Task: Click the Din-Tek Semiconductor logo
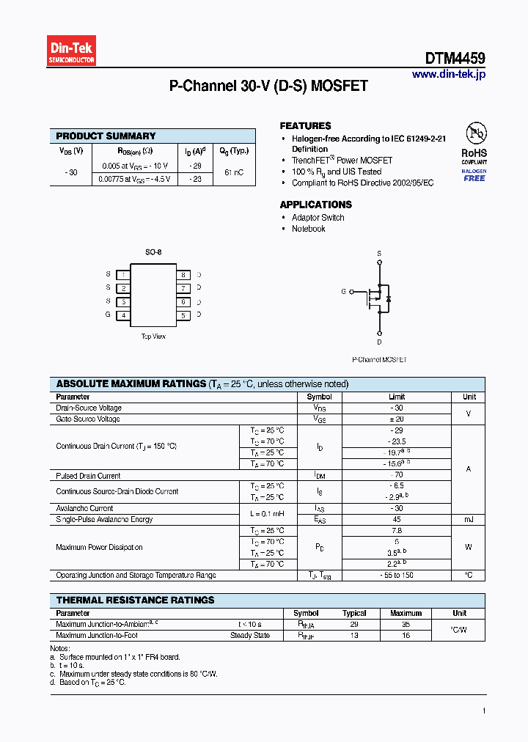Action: [x=72, y=51]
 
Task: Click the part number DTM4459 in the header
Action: [x=455, y=59]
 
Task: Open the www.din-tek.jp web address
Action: [x=448, y=74]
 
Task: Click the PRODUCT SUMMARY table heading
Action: [x=106, y=136]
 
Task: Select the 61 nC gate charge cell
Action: [x=234, y=172]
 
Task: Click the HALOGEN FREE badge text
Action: [x=474, y=175]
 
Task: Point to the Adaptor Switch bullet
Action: [x=318, y=218]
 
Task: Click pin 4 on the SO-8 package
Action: [x=124, y=315]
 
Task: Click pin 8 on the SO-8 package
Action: [x=183, y=274]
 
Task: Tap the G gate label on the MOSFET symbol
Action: [x=343, y=292]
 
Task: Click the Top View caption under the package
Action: [x=153, y=337]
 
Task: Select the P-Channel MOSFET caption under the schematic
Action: [x=379, y=360]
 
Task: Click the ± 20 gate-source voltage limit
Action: [x=397, y=419]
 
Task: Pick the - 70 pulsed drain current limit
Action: [x=397, y=476]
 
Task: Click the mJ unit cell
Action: [x=469, y=520]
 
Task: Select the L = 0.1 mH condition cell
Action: [x=267, y=514]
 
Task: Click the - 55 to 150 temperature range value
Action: [x=397, y=576]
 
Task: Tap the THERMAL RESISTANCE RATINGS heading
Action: [x=135, y=600]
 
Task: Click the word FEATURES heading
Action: [x=305, y=126]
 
